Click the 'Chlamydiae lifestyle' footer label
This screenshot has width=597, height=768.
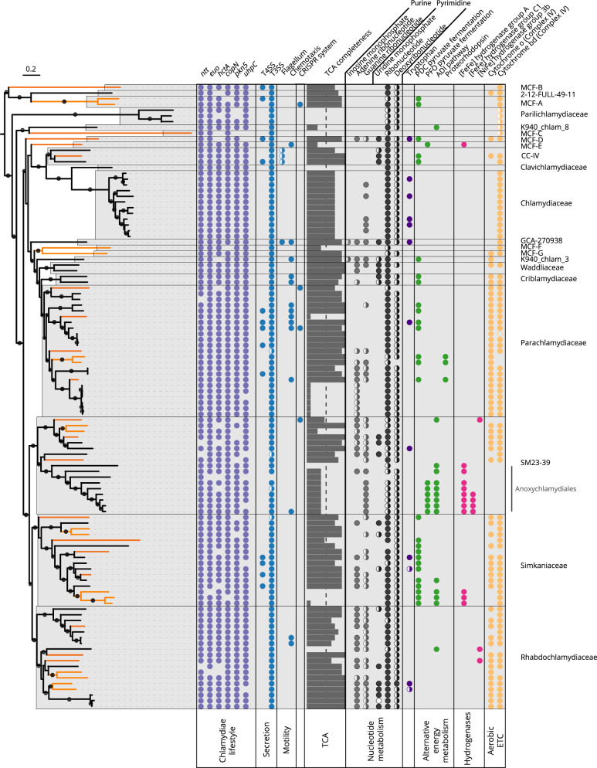pos(226,734)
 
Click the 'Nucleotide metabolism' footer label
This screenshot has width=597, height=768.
pos(373,734)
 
